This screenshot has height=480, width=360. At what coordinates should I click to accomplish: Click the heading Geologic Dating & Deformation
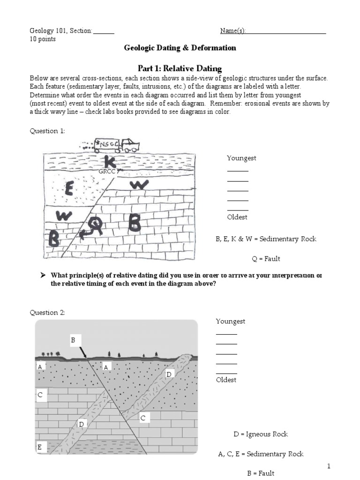point(180,48)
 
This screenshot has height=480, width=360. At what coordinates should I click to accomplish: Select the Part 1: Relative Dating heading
point(180,68)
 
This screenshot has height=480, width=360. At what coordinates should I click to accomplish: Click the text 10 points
point(43,39)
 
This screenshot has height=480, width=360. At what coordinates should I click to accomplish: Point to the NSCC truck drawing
point(115,145)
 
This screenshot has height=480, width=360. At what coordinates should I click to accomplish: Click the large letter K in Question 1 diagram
point(110,162)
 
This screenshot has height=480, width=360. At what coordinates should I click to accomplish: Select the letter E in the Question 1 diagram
point(69,189)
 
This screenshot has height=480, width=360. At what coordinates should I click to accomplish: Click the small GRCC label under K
point(107,172)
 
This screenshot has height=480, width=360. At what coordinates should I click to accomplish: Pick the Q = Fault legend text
point(266,259)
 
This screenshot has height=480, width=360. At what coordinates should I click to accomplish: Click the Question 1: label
point(47,131)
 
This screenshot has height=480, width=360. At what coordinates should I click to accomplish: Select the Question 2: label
point(47,312)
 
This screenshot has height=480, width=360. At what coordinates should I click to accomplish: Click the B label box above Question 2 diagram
point(73,340)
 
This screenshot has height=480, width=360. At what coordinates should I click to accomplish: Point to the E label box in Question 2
point(40,447)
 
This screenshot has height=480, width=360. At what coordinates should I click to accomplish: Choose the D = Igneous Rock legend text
point(261,434)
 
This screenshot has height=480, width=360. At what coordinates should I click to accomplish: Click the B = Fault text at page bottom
point(261,473)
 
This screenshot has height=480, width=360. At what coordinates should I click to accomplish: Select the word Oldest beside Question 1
point(237,217)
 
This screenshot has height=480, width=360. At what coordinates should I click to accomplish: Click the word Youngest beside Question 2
point(231,322)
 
